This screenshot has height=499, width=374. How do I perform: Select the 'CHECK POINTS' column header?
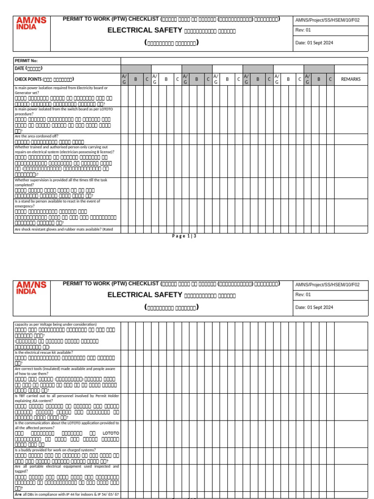point(44,79)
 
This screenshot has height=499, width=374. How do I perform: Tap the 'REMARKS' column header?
point(351,79)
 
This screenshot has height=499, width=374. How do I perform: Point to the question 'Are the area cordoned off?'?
point(37,136)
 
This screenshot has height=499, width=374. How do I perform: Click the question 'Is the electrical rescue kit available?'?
point(44,352)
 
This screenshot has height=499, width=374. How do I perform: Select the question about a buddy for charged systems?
point(55,450)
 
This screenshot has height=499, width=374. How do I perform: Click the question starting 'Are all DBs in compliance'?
point(67,494)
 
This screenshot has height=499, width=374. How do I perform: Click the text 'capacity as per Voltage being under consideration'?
point(56,325)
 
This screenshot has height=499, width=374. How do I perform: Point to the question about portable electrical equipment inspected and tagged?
point(67,468)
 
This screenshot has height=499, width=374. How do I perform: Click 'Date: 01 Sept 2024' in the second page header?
point(314,307)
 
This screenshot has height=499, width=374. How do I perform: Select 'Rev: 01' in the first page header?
point(303,30)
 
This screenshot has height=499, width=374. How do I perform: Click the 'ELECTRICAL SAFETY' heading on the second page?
point(145,295)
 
